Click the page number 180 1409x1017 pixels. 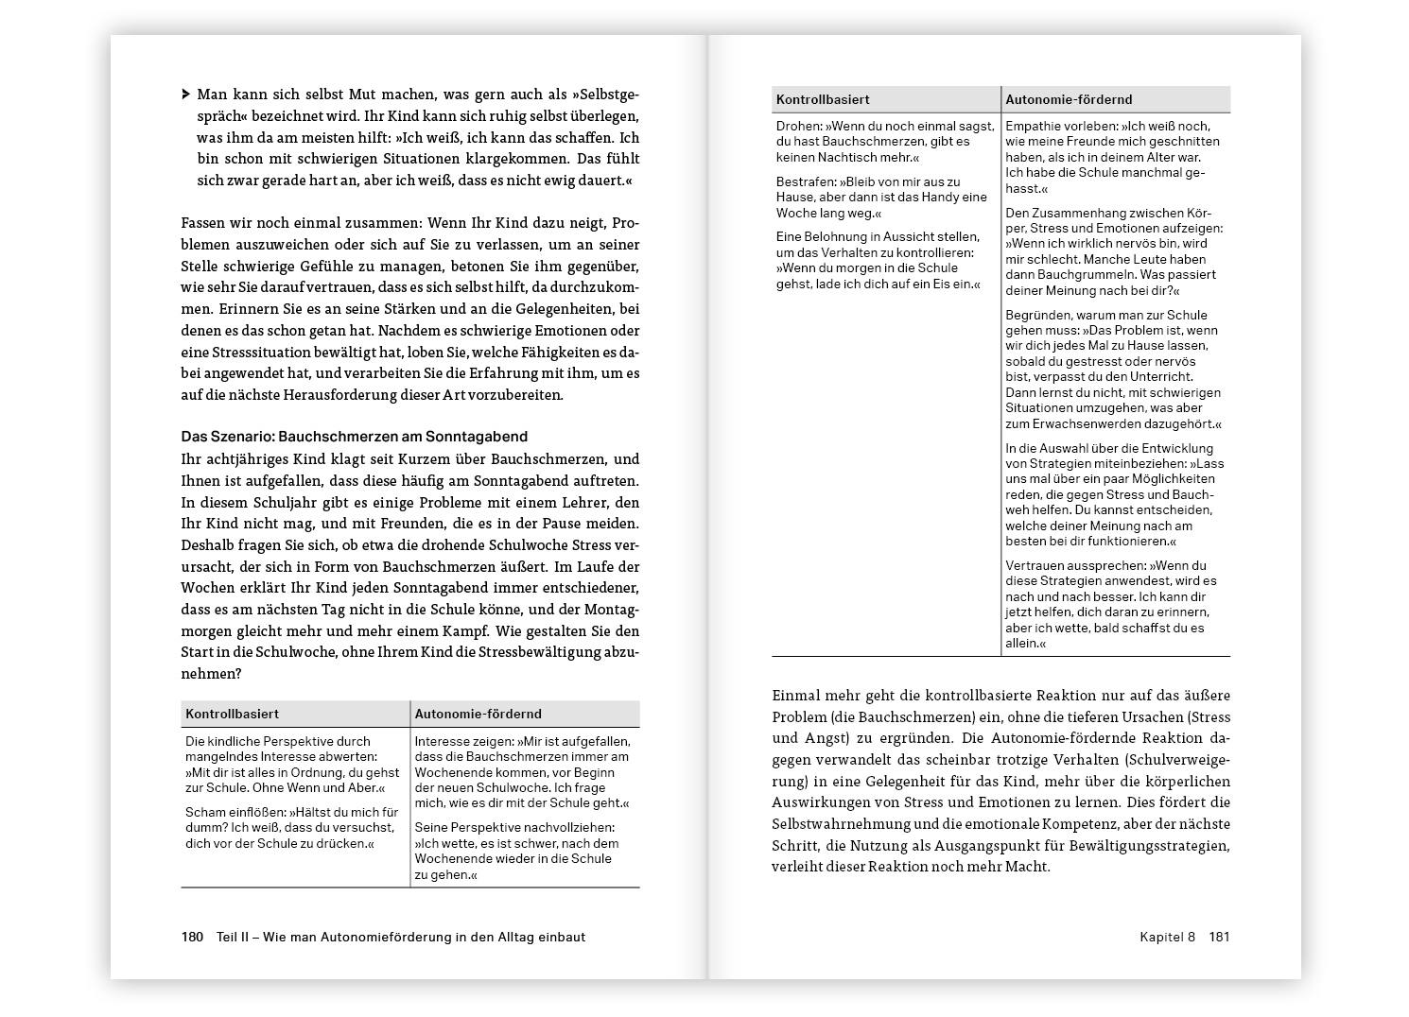click(x=192, y=938)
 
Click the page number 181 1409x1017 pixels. click(x=1219, y=938)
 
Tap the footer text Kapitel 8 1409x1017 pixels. click(x=1167, y=938)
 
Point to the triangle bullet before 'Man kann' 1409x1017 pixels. click(x=185, y=95)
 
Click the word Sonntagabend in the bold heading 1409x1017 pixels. click(x=478, y=437)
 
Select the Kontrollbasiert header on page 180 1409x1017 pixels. click(x=232, y=715)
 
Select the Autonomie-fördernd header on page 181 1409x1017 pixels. click(x=1069, y=99)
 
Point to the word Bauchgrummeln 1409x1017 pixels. click(x=1052, y=275)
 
